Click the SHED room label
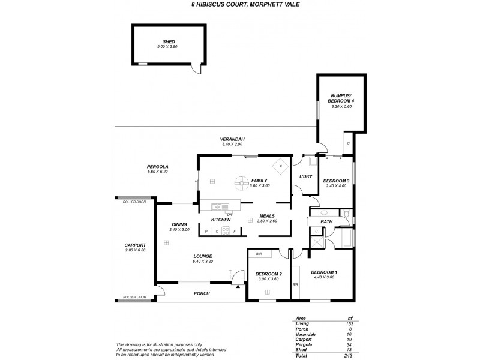click(168, 41)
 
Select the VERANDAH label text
click(231, 139)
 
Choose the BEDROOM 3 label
click(335, 181)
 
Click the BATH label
click(326, 222)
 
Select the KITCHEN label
click(221, 220)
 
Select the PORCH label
click(202, 294)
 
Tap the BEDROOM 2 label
click(268, 274)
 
